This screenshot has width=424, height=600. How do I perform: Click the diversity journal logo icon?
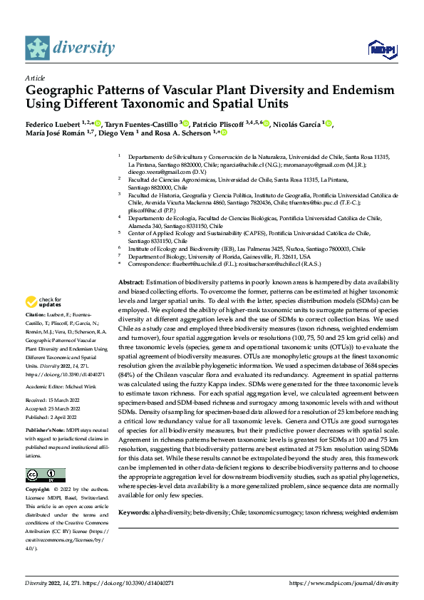tap(38, 48)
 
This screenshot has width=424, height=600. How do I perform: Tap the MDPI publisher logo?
tap(381, 48)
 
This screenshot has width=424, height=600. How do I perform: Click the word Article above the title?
tap(35, 77)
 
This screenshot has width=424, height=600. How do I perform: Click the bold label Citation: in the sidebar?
tap(36, 333)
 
